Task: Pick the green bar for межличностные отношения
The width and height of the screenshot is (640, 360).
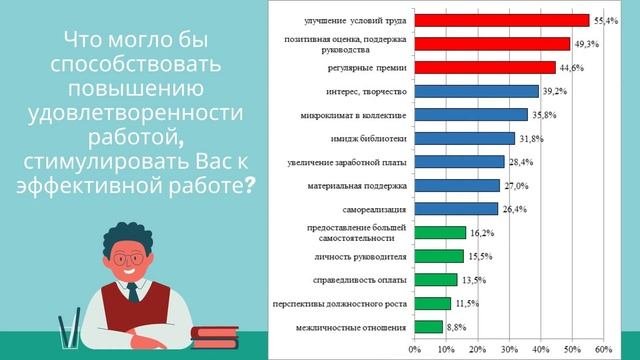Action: (429, 326)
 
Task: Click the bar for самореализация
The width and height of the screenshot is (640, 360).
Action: (456, 209)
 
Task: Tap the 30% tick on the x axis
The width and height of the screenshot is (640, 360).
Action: (509, 349)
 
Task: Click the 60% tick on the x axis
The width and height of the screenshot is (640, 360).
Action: (603, 349)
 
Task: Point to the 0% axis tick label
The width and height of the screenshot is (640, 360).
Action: (415, 349)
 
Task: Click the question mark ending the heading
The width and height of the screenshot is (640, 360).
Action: (249, 187)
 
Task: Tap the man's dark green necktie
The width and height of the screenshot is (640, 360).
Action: (132, 293)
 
